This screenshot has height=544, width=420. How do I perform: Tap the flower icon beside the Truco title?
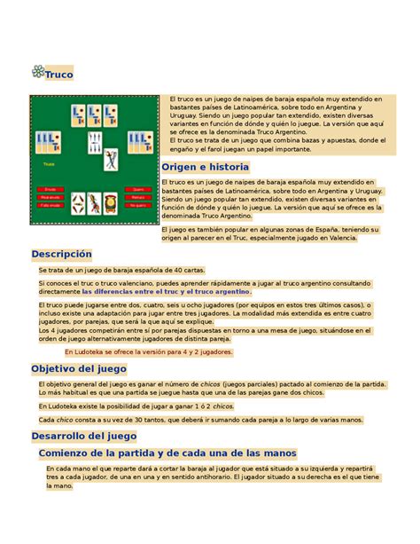38,73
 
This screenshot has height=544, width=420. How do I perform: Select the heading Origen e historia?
206,167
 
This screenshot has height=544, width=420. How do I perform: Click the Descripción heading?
61,254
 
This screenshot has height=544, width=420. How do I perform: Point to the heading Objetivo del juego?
79,368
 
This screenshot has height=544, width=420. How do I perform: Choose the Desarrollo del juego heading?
83,436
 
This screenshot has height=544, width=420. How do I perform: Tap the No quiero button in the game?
138,205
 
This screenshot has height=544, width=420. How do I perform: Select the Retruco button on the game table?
138,197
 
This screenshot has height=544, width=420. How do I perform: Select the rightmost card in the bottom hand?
110,203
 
